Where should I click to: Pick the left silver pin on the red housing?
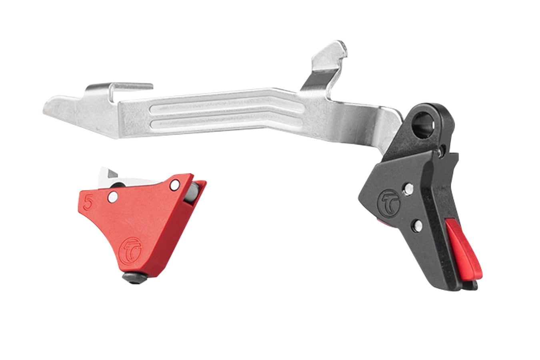[113, 196]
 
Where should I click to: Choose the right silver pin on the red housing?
[174, 185]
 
